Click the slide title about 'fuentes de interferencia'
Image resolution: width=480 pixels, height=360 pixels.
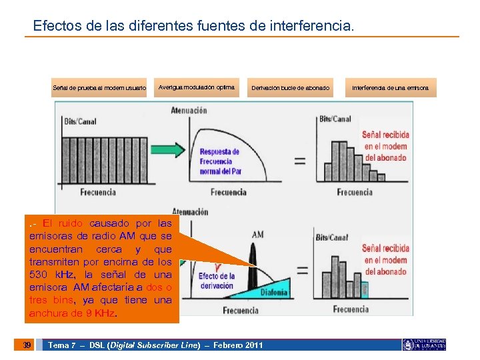tap(194, 27)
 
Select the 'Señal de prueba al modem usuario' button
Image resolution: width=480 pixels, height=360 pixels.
tap(99, 88)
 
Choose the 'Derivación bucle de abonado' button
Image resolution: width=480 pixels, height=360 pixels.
tap(290, 88)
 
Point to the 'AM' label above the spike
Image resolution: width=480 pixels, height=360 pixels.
tap(257, 235)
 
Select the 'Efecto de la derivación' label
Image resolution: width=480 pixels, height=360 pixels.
tap(216, 281)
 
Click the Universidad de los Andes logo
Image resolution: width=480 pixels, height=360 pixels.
tap(424, 345)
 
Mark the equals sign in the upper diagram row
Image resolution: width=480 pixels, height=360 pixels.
tap(299, 161)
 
